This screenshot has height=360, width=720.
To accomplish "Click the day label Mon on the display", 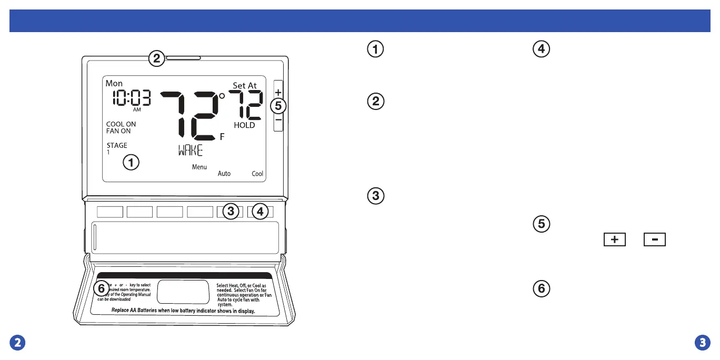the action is (114, 84).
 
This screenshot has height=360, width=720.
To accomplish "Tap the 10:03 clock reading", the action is (131, 98).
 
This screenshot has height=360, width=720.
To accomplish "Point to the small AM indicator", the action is (137, 110).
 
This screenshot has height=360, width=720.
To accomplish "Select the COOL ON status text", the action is (121, 125).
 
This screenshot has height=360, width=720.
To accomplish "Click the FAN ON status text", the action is (118, 131).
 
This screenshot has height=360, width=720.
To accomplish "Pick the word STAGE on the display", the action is (117, 146).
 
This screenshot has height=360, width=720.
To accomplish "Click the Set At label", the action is (245, 86).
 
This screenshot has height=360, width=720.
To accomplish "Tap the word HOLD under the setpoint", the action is (244, 125).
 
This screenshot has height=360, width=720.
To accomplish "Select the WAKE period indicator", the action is (190, 151).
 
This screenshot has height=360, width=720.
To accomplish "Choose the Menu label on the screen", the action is (199, 167).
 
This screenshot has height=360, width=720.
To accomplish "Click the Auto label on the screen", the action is (224, 174).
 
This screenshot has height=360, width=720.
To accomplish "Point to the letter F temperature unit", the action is (222, 137).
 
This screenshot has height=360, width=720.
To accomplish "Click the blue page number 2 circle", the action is (18, 343).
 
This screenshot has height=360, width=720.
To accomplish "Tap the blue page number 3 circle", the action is (702, 343).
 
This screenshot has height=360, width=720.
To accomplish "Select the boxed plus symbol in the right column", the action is (615, 240).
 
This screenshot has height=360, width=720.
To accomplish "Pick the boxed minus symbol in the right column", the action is (654, 240).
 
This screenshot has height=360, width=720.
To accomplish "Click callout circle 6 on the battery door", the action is (102, 288).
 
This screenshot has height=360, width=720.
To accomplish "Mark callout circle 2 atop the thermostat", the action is (156, 58).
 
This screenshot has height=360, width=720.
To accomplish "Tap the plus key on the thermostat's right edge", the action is (278, 92).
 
